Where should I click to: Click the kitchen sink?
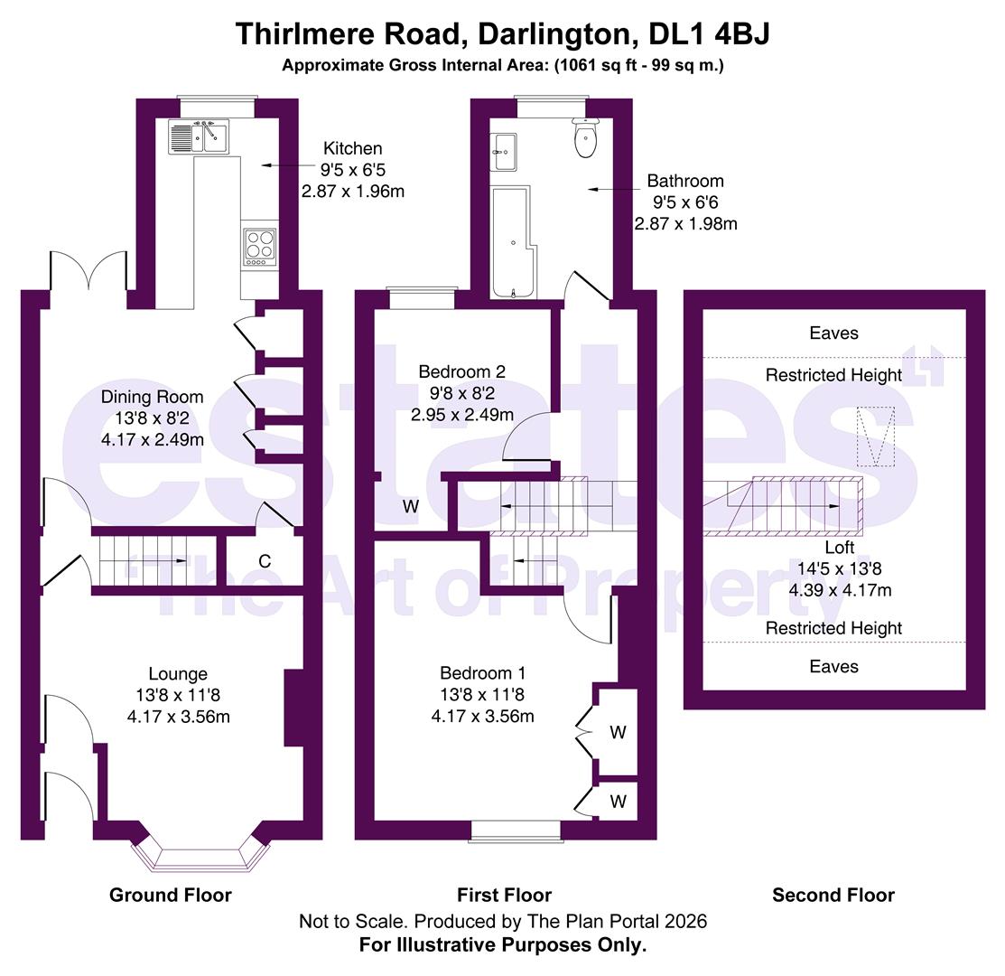point(199,137)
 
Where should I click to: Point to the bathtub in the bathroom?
point(513,242)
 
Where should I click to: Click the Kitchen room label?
point(353,148)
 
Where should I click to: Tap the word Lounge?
point(178,673)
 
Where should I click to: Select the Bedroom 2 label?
point(461,371)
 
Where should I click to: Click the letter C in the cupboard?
point(265,561)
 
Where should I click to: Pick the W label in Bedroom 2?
point(411,507)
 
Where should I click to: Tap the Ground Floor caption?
point(171,895)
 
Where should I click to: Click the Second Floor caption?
point(833,895)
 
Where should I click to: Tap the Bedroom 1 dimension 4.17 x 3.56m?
point(482,717)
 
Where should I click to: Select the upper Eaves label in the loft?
point(833,333)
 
